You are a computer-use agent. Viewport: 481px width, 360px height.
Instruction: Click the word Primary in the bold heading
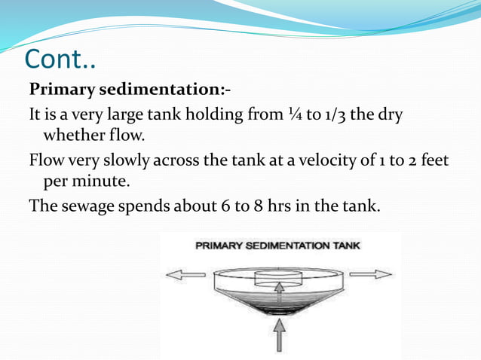pos(61,90)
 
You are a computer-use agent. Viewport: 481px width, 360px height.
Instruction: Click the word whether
pos(74,136)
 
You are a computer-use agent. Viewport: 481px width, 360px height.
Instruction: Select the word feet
pos(434,160)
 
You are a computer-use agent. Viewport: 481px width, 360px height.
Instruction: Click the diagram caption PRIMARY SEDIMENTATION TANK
pos(277,246)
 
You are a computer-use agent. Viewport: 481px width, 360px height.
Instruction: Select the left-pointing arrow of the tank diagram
pos(185,275)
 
